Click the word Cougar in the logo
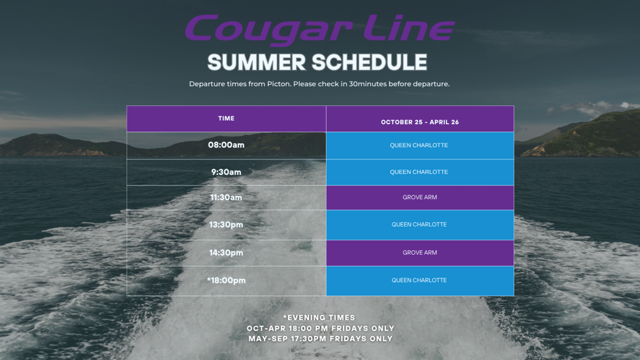(x=268, y=29)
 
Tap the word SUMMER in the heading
(x=257, y=63)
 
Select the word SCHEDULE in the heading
(x=370, y=63)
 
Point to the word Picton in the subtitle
(x=278, y=84)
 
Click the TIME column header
(x=226, y=118)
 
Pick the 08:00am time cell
(x=226, y=145)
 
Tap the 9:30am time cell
(x=226, y=172)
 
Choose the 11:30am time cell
(x=226, y=197)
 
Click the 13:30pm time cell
(x=226, y=225)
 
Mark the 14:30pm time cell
(x=226, y=253)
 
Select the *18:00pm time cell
(x=226, y=280)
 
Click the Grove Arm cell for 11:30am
(x=420, y=197)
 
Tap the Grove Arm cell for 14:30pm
(x=420, y=253)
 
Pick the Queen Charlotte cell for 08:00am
(x=420, y=145)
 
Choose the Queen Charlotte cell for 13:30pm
(x=420, y=225)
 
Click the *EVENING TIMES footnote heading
(x=319, y=318)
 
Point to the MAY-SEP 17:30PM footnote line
(x=321, y=339)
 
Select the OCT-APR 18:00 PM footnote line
(x=321, y=328)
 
